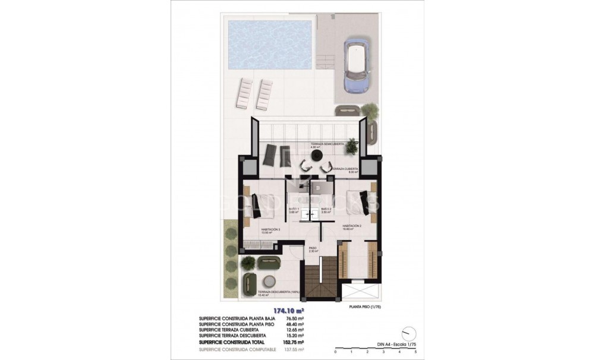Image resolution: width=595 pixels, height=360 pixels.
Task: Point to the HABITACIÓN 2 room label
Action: (x=352, y=226)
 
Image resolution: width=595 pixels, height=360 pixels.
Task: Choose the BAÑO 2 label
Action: (x=326, y=210)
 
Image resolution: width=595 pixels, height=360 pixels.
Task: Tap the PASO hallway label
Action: (x=313, y=249)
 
